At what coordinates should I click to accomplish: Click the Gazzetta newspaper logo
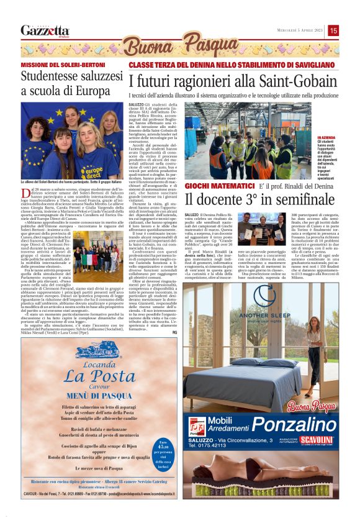(45, 30)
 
